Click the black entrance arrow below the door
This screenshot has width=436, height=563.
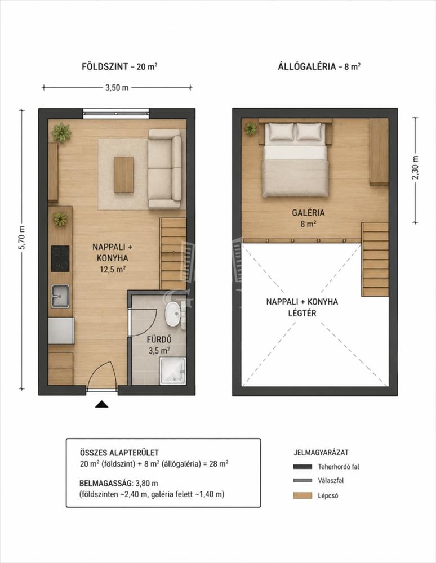tap(101, 404)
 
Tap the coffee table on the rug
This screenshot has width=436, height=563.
tap(124, 175)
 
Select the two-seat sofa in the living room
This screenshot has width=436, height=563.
tap(165, 169)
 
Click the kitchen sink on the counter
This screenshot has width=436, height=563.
tap(60, 296)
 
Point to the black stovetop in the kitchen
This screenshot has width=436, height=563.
tap(60, 258)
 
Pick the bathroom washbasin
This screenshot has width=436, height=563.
tap(173, 314)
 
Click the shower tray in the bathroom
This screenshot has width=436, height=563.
tap(173, 370)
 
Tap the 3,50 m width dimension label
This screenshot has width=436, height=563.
tap(117, 88)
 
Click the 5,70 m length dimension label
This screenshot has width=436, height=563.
tap(21, 238)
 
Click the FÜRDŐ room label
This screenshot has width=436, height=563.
tap(159, 339)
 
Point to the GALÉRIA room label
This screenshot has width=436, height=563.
tap(308, 213)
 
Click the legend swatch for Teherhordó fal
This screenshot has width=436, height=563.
tap(302, 467)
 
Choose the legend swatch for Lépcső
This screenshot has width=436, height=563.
tap(302, 496)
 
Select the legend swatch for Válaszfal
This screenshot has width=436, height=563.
tap(302, 480)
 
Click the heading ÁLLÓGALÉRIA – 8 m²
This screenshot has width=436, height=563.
tap(319, 66)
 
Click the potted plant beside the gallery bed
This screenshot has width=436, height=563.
tap(251, 128)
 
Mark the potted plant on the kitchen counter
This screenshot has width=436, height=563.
tap(60, 219)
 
